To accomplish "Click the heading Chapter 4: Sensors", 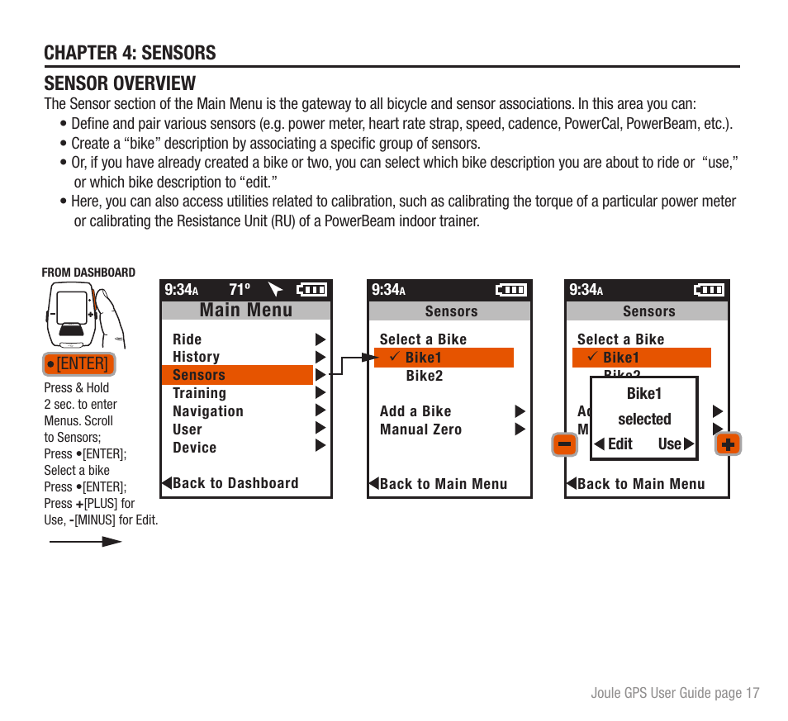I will coord(130,53).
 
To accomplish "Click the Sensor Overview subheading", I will coord(120,83).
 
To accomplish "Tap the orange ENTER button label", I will coord(77,363).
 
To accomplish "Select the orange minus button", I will coord(565,444).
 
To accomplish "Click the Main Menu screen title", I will coord(246,311).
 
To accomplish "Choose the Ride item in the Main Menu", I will coord(188,339).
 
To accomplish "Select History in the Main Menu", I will coord(196,357).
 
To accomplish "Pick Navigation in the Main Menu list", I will coord(208,411).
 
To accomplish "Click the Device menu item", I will coord(194,448).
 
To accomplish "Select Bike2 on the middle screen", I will coord(424,376).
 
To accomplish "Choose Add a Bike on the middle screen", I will coord(415,411).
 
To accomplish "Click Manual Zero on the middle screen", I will coord(420,429).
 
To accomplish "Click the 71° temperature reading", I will coord(240,290).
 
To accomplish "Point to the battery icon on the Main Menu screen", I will coord(311,290).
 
